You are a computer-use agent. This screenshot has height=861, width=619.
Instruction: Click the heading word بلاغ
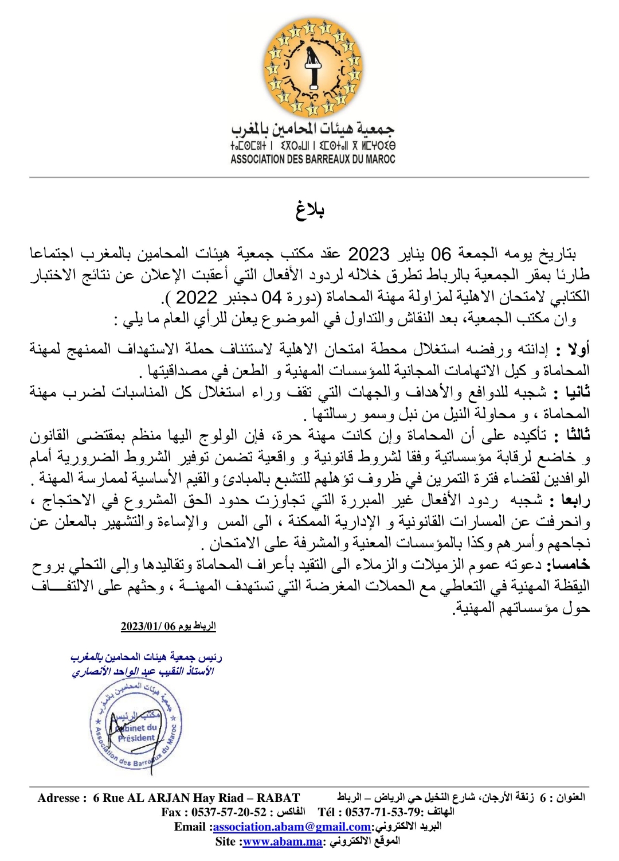click(310, 211)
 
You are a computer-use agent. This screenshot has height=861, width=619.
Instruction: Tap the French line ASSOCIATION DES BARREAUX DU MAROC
click(313, 159)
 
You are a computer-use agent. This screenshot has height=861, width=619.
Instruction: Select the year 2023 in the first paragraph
click(369, 254)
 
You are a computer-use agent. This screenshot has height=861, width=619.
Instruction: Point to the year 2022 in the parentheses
click(197, 297)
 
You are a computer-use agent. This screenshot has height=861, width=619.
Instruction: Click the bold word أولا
click(578, 349)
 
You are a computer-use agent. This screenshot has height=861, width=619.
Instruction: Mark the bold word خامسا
click(568, 566)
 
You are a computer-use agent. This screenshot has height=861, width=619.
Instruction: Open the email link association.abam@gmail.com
click(292, 827)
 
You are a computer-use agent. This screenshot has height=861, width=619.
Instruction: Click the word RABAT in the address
click(278, 798)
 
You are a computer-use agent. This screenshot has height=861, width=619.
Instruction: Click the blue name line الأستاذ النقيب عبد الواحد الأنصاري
click(143, 671)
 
